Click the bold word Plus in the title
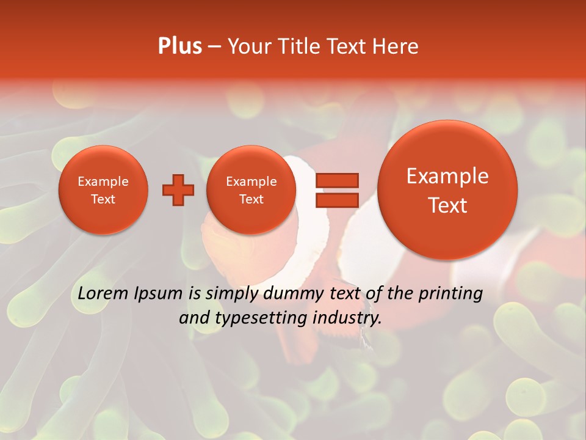tap(180, 46)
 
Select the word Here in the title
tap(397, 46)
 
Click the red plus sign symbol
tap(178, 190)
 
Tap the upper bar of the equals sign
tap(336, 180)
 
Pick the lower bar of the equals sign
tap(336, 200)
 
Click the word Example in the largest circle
tap(447, 176)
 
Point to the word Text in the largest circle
tap(447, 205)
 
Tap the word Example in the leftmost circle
tap(103, 182)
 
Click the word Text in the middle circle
tap(251, 199)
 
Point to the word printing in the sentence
tap(450, 293)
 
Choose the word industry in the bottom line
tap(351, 318)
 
